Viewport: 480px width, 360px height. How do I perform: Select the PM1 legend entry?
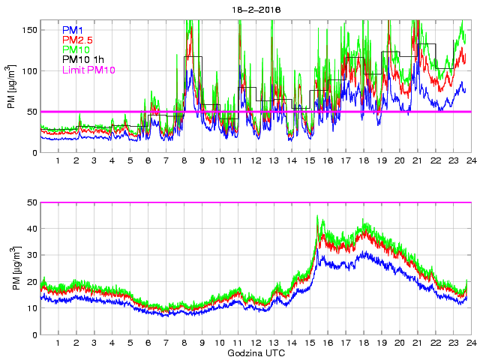point(73,30)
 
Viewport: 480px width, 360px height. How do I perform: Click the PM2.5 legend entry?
point(77,40)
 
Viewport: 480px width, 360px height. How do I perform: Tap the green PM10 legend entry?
point(76,49)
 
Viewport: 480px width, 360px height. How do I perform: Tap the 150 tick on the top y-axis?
point(29,30)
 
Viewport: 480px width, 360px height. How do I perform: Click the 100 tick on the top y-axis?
point(29,71)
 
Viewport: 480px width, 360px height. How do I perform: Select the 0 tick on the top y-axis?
point(34,153)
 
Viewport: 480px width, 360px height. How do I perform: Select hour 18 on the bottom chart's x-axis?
point(363,343)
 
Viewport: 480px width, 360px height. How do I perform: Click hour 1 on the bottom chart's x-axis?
point(58,343)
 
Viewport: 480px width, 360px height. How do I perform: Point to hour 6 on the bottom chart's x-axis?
point(148,343)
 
